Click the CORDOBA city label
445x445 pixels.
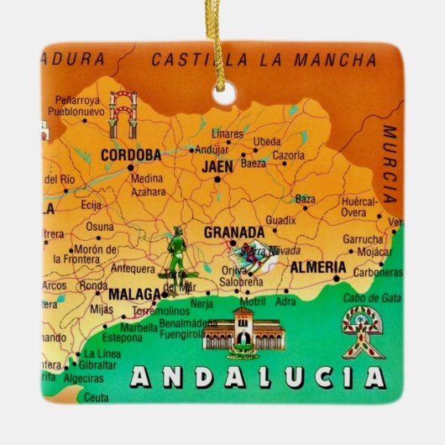point(130,155)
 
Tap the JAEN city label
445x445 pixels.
point(218,166)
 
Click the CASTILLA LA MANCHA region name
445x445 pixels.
point(264,60)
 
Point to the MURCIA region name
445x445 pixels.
point(390,165)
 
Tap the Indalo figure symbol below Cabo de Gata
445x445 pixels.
point(363,331)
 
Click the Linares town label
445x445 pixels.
point(227,133)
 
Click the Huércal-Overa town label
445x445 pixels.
point(364,207)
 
